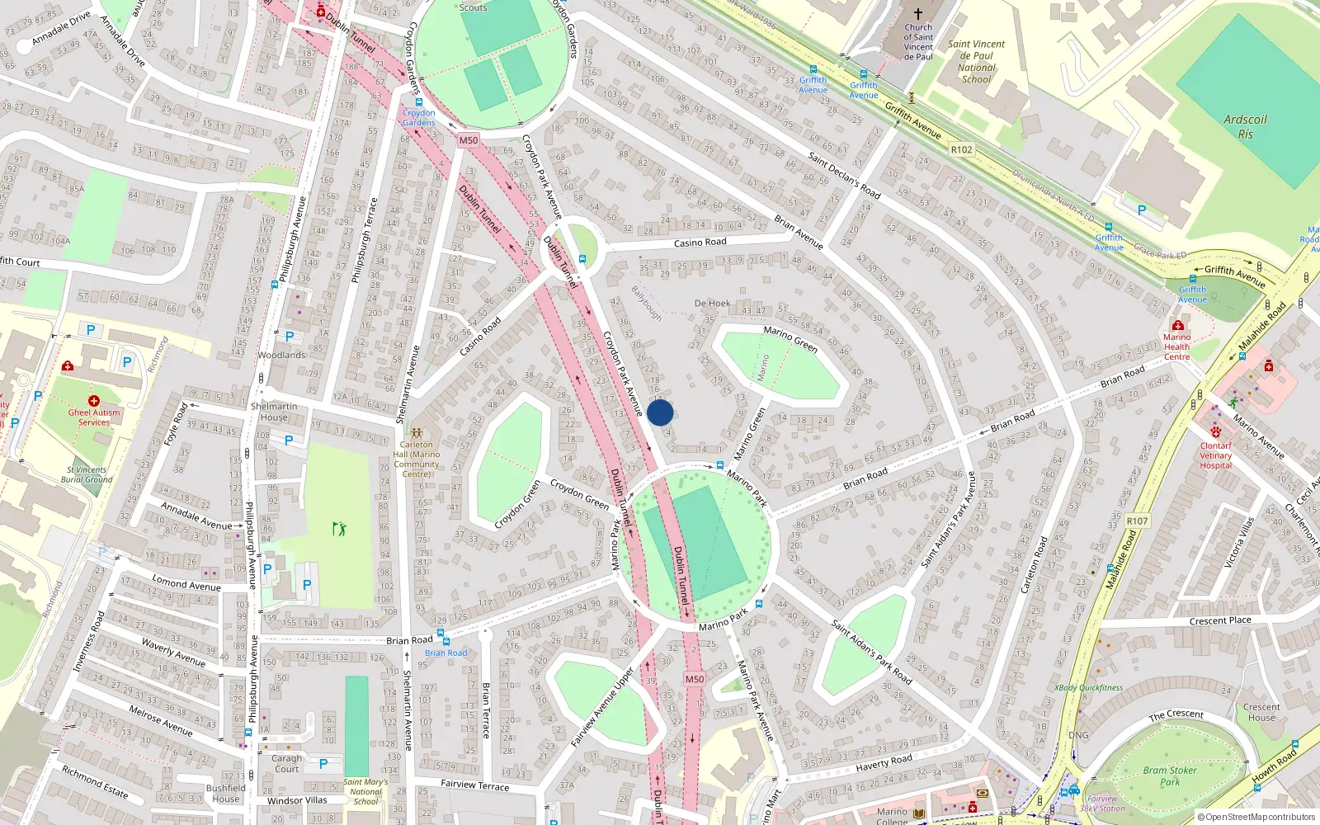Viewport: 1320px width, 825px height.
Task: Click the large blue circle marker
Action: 660,412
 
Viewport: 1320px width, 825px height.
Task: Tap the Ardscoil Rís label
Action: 1245,127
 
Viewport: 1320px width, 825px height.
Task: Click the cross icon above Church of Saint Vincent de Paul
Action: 917,13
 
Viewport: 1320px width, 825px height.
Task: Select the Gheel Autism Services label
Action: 94,417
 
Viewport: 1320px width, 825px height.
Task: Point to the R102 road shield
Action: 961,149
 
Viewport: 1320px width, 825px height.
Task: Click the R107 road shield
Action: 1137,521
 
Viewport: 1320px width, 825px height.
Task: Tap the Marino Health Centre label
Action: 1176,346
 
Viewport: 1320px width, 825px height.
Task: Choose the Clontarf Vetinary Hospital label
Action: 1215,455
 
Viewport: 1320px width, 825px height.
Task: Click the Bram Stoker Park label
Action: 1170,775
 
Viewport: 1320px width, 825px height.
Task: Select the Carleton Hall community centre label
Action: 417,459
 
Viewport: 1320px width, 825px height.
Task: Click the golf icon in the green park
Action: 339,529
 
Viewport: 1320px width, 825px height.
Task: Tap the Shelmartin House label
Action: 274,412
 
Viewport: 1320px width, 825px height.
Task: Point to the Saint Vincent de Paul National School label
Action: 976,62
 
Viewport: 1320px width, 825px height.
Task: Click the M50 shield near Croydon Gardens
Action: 469,140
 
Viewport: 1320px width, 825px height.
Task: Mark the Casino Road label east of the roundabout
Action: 700,243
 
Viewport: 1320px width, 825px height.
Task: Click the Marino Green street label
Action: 790,338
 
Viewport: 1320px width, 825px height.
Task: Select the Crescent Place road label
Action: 1219,621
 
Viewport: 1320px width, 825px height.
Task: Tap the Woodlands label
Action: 281,355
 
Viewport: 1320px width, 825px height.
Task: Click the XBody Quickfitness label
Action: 1088,687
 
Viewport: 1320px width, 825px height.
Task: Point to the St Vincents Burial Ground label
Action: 87,474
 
